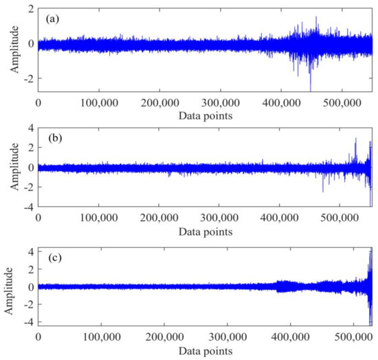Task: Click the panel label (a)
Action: coord(51,19)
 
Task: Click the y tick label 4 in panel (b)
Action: coord(29,128)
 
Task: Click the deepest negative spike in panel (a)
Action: coord(311,89)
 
